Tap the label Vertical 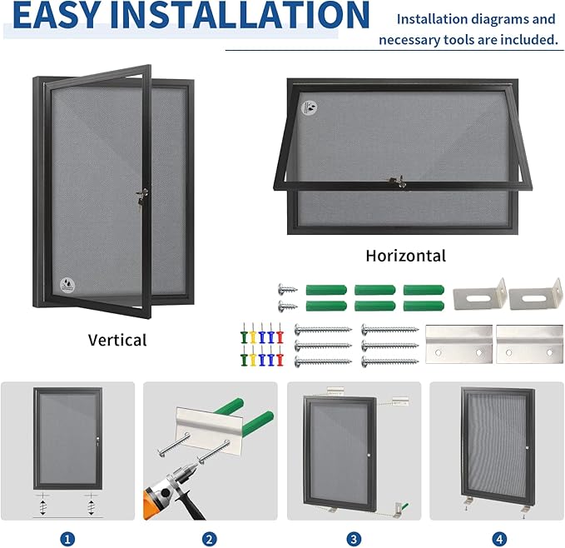(x=117, y=340)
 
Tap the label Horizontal (x=405, y=256)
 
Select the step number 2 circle (x=210, y=539)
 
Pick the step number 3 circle (x=354, y=539)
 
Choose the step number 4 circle (x=498, y=539)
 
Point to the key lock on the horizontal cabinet (x=395, y=181)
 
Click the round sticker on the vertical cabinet (x=66, y=283)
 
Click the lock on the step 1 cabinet (x=97, y=440)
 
